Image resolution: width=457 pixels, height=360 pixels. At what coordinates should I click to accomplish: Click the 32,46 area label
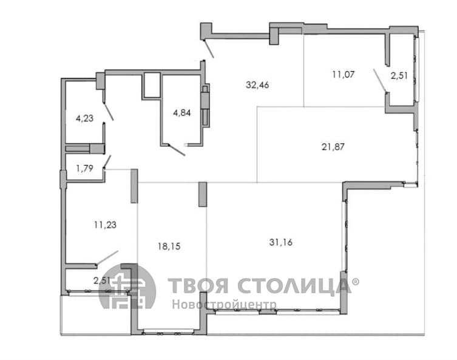click(x=257, y=85)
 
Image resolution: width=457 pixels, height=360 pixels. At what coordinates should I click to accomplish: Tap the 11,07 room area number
click(x=344, y=74)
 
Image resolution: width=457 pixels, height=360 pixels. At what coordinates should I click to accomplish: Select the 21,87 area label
click(x=333, y=146)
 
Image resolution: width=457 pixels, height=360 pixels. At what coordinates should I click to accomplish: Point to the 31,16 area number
click(x=280, y=242)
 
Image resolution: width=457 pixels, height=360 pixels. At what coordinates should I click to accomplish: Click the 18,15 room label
click(x=169, y=246)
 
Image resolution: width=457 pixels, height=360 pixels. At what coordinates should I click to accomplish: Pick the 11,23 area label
click(x=105, y=225)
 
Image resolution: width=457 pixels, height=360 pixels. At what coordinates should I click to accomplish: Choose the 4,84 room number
click(x=182, y=112)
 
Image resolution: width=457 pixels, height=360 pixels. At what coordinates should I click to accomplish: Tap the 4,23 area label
click(x=84, y=118)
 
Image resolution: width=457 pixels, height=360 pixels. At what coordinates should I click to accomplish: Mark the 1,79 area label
click(x=84, y=168)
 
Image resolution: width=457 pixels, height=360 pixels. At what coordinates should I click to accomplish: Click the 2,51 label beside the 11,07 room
click(x=399, y=76)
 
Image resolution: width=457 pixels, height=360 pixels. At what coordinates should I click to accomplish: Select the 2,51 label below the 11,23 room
click(x=102, y=280)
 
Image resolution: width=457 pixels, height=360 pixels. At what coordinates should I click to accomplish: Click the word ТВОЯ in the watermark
click(x=198, y=285)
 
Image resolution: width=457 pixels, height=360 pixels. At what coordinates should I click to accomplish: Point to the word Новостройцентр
click(x=224, y=304)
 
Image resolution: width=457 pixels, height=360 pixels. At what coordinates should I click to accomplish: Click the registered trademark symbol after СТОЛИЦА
click(x=356, y=282)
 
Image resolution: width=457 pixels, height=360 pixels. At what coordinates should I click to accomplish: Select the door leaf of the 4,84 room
click(x=177, y=150)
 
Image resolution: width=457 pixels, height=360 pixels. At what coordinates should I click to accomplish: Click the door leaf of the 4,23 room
click(x=109, y=111)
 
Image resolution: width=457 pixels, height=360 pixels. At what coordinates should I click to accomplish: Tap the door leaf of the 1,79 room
click(x=107, y=161)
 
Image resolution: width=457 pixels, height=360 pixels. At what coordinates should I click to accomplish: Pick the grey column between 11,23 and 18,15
click(x=134, y=186)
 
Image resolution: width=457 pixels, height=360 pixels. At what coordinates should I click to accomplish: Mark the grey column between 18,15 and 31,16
click(x=203, y=194)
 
